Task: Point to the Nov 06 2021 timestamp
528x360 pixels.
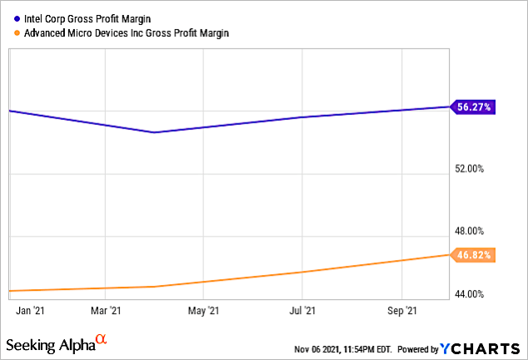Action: coord(342,348)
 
